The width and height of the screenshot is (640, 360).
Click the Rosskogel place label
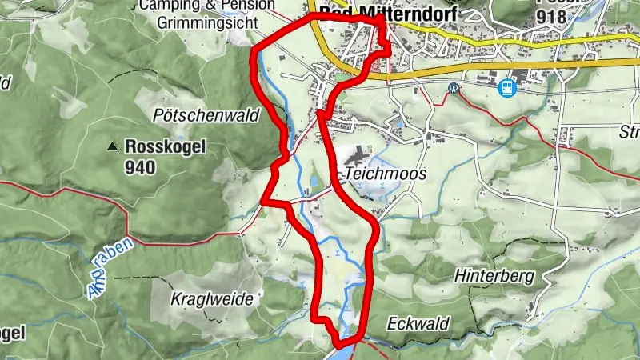click(x=166, y=146)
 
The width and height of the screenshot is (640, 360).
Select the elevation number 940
click(x=140, y=167)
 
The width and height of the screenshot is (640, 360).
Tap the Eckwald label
click(x=418, y=324)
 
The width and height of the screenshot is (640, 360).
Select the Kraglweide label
click(x=212, y=299)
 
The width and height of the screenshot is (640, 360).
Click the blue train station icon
click(x=506, y=87)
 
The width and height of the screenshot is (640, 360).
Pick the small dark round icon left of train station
click(x=454, y=89)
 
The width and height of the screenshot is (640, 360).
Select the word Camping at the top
click(x=166, y=6)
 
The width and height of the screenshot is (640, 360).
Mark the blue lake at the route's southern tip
click(x=345, y=342)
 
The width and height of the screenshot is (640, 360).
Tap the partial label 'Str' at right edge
click(x=629, y=133)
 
